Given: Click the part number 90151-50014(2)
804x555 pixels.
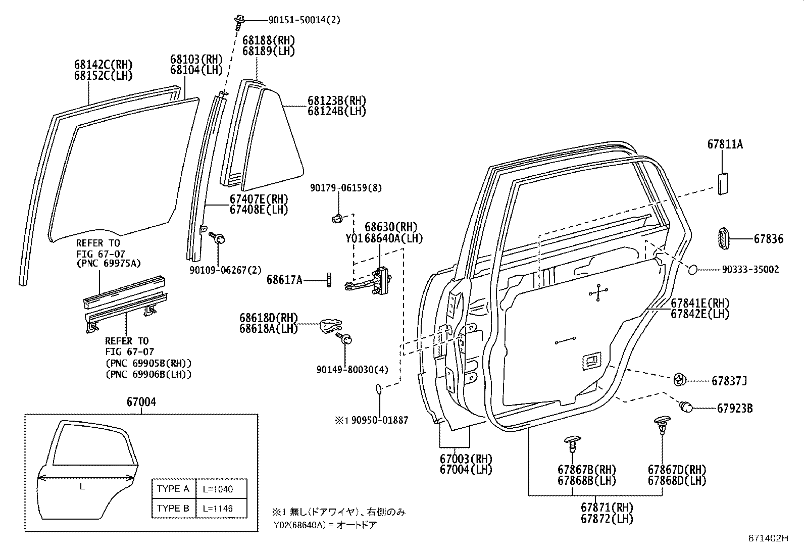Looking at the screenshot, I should pyautogui.click(x=304, y=20).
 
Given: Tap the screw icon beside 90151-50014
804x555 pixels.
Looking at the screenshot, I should pyautogui.click(x=239, y=20).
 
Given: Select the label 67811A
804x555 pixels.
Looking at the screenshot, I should pyautogui.click(x=725, y=144).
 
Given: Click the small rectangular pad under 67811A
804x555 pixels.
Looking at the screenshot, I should pyautogui.click(x=721, y=182).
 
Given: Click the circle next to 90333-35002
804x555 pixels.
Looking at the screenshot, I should pyautogui.click(x=693, y=270).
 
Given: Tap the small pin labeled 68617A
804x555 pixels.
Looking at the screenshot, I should pyautogui.click(x=329, y=279).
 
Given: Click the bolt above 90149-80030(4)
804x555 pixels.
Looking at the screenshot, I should pyautogui.click(x=346, y=339).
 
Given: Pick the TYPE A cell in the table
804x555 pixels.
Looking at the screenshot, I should pyautogui.click(x=173, y=488).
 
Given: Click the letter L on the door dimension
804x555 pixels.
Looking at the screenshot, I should pyautogui.click(x=82, y=487).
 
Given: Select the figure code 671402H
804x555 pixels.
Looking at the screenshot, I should pyautogui.click(x=768, y=538).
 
